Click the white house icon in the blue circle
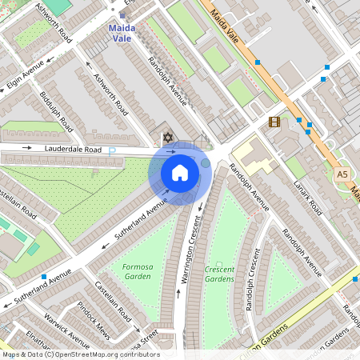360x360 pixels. [x=180, y=173]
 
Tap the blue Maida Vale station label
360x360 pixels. [x=122, y=32]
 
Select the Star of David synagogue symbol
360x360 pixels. [x=168, y=137]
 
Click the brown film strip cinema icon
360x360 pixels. [x=274, y=122]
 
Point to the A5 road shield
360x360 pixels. [x=342, y=174]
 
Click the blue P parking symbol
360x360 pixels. [x=112, y=150]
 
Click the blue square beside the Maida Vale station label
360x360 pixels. [x=122, y=15]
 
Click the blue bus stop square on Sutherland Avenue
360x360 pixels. [x=43, y=277]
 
